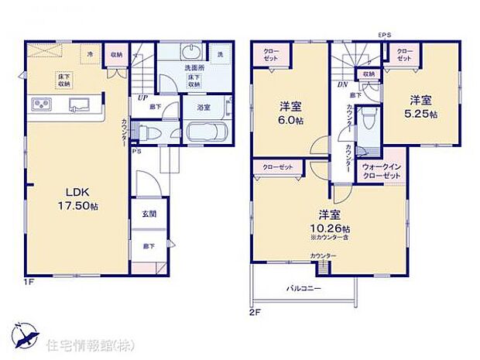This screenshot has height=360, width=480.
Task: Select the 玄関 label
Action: pyautogui.click(x=149, y=214)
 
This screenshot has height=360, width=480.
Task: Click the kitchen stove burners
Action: pyautogui.click(x=41, y=105)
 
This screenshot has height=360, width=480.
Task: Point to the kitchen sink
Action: pyautogui.click(x=78, y=105)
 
